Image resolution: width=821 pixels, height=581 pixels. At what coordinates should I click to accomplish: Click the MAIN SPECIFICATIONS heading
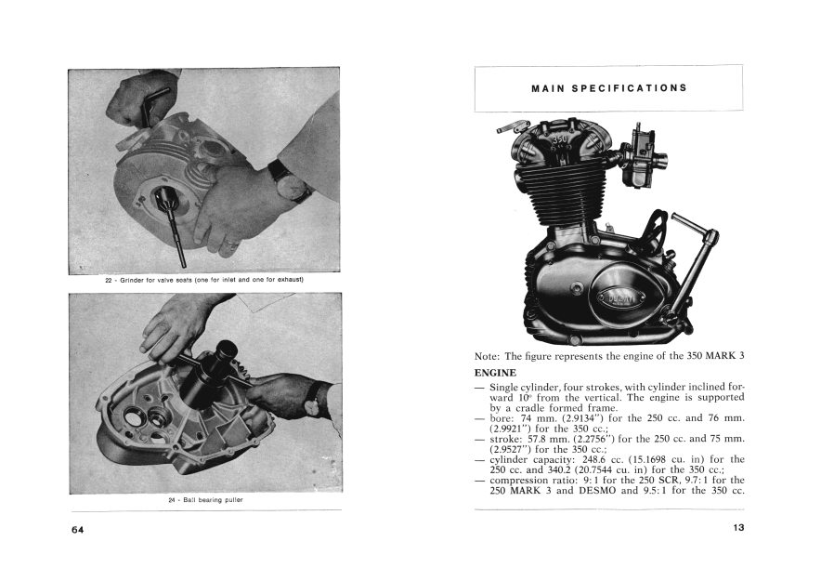coord(608,88)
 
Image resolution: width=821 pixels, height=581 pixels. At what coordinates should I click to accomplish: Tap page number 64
coord(77,529)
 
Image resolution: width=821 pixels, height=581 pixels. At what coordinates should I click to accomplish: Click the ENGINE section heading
coord(495,373)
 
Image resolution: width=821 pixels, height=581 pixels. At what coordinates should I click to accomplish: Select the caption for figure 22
coord(204,279)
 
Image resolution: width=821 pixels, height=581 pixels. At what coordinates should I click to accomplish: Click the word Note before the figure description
coord(487,356)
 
